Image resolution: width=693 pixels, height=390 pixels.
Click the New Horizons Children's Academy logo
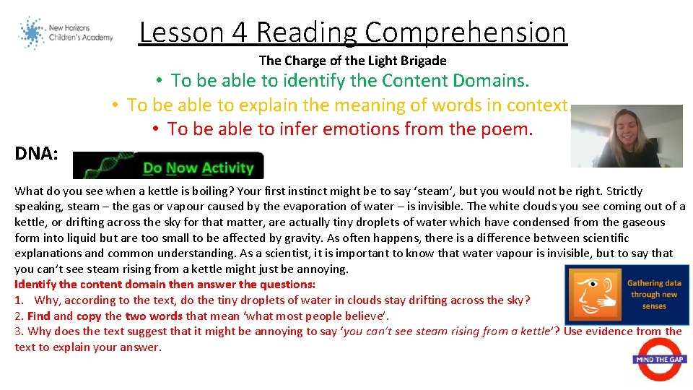coord(66,33)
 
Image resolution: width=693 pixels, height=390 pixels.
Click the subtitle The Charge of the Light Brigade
coord(352,61)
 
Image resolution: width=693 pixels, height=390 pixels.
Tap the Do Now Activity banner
coord(169,165)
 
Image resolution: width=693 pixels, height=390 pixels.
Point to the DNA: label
coord(35,153)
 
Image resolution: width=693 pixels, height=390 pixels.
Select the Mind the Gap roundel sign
coord(661,359)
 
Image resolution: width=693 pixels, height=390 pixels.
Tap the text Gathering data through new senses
coord(654,295)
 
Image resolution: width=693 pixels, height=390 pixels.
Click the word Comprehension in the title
coord(466,32)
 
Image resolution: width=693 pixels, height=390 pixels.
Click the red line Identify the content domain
coord(165,285)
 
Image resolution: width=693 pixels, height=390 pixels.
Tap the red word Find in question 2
coord(39,316)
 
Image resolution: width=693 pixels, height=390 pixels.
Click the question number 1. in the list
coord(19,300)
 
